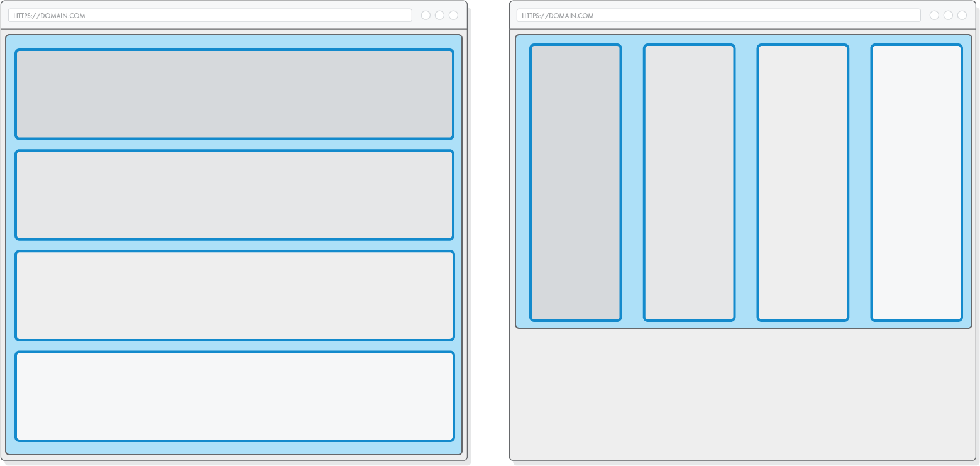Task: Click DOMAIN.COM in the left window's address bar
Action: (x=62, y=16)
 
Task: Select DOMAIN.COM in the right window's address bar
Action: (x=571, y=16)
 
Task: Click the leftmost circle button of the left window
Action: (x=426, y=15)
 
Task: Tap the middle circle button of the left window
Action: (x=439, y=15)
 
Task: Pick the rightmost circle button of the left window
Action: (x=453, y=15)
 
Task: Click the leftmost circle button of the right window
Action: (x=934, y=15)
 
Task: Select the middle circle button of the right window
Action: (x=948, y=15)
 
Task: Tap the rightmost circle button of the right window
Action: (x=962, y=15)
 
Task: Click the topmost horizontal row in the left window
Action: (x=234, y=94)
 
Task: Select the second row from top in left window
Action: (x=234, y=195)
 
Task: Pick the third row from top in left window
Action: (x=234, y=296)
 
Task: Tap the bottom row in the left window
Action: (x=234, y=396)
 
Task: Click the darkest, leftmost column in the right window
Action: (x=575, y=182)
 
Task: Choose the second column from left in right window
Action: (x=689, y=182)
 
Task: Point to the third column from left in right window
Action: (x=803, y=182)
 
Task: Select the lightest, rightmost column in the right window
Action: (x=917, y=182)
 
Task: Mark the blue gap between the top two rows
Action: (x=234, y=145)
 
